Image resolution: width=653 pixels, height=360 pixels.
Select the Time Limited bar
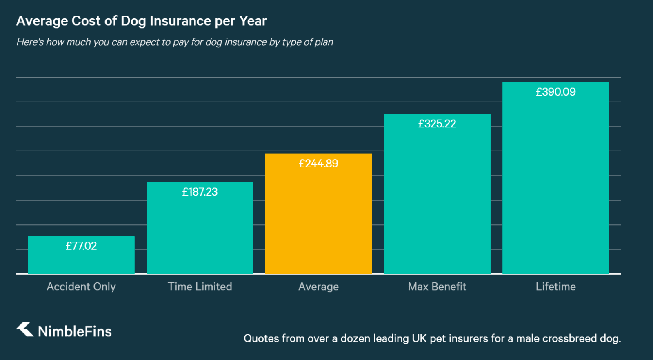(x=200, y=233)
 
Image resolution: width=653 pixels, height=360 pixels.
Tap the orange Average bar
(x=318, y=220)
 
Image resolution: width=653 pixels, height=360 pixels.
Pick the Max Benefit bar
(x=437, y=200)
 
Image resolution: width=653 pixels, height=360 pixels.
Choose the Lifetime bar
(x=555, y=184)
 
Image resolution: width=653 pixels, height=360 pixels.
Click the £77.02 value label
(x=81, y=246)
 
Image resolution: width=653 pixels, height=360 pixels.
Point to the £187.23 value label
(x=200, y=192)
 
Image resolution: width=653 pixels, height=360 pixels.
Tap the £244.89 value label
(x=318, y=164)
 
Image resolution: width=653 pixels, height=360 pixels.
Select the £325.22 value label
(x=437, y=124)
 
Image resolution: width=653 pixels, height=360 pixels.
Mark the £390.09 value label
(x=555, y=92)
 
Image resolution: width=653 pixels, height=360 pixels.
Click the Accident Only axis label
(x=81, y=287)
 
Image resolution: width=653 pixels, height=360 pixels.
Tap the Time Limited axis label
(x=200, y=287)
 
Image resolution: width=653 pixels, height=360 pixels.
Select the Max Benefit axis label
(x=437, y=287)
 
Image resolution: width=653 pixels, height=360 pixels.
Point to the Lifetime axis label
(x=555, y=287)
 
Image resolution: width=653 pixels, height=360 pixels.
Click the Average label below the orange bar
(x=318, y=287)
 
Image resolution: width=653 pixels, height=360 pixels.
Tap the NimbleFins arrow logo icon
(x=25, y=329)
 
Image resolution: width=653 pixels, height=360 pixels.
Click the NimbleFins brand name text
(x=75, y=331)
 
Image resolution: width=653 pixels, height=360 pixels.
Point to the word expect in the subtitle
(x=144, y=42)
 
